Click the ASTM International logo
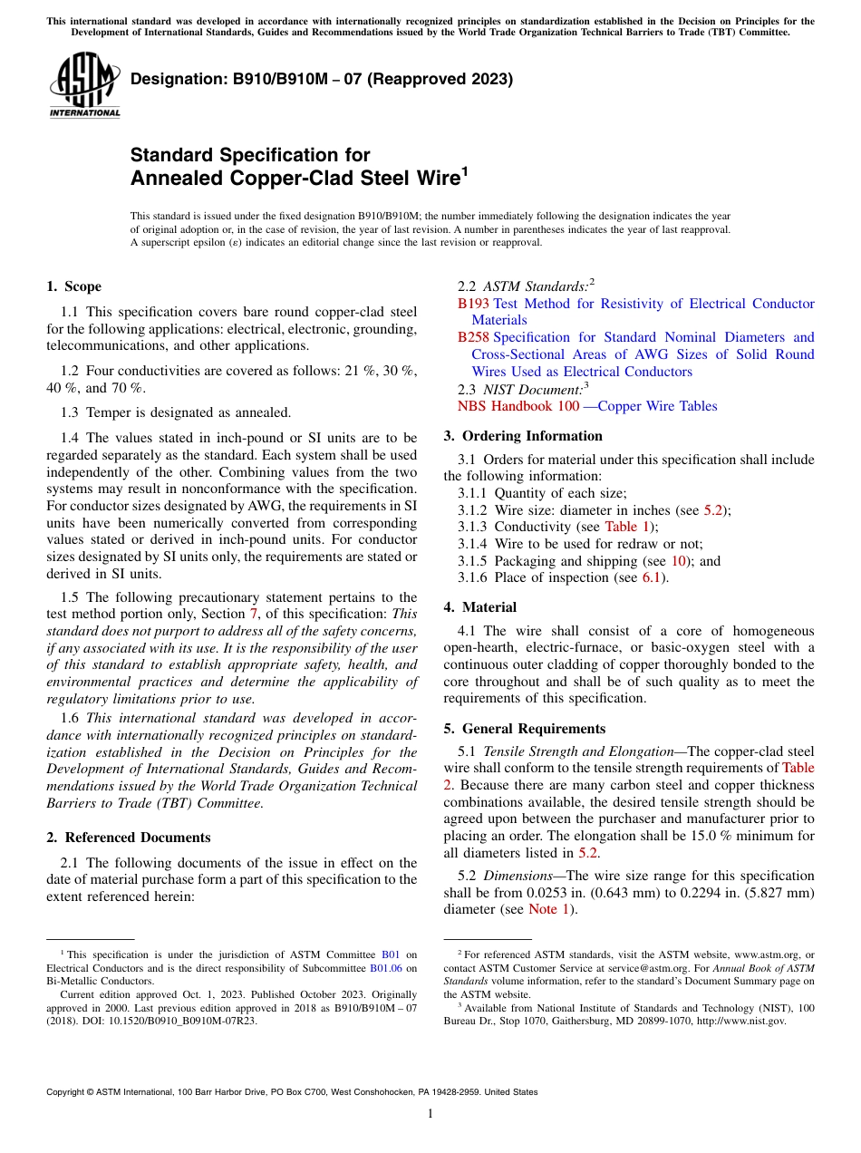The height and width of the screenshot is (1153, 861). [x=84, y=87]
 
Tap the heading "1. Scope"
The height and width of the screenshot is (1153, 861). [x=73, y=286]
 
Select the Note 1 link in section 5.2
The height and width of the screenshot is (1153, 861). [x=549, y=909]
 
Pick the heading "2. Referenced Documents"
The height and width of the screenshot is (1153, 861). [x=128, y=838]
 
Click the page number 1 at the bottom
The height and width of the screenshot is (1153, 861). [x=430, y=1114]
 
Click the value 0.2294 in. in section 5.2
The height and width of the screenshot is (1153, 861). [x=682, y=893]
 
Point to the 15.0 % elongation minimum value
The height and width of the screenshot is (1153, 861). [x=723, y=836]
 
